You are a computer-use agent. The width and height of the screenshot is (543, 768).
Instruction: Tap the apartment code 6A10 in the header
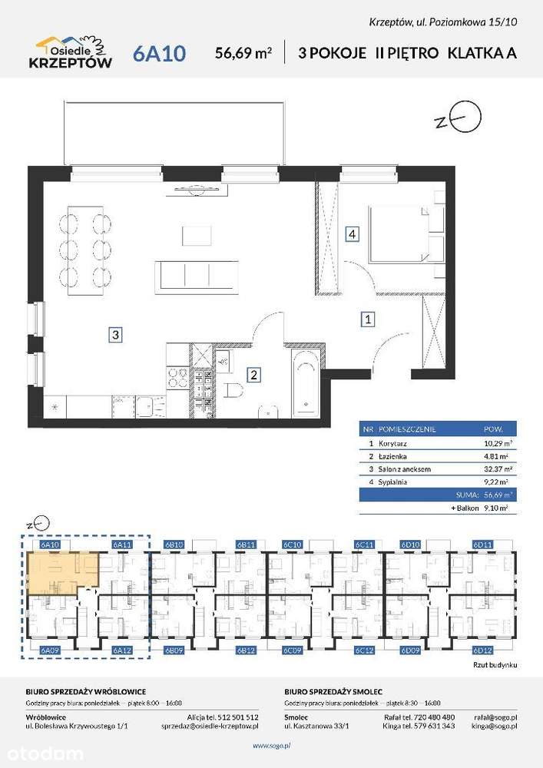point(159,53)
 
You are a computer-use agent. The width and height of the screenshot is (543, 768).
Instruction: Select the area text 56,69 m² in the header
point(244,53)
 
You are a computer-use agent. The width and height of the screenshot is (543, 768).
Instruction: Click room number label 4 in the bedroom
point(351,235)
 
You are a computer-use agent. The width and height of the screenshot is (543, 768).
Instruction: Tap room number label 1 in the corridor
point(369,319)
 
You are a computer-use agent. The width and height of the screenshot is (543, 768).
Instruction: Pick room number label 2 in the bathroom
point(253,375)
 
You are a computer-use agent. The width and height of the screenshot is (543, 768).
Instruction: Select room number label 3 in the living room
point(114,334)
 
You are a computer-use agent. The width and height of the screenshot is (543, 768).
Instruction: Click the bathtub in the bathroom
point(304,382)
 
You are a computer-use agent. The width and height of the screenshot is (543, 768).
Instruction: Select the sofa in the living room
point(197,276)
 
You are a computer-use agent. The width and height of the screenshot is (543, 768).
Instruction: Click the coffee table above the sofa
point(197,234)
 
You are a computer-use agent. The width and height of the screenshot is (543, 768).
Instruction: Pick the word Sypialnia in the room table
point(393,482)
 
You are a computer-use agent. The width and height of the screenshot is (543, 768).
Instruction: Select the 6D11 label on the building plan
point(482,545)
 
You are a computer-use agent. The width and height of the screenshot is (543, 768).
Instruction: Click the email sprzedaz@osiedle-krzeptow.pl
point(210,725)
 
